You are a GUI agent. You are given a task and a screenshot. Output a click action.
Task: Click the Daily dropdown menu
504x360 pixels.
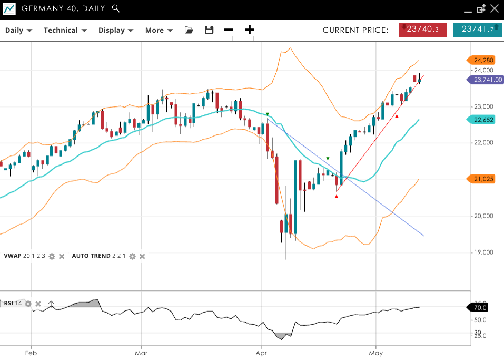(18, 30)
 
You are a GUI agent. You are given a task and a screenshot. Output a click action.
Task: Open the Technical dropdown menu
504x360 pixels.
(65, 30)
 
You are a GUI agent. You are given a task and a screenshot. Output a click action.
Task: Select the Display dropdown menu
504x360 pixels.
(116, 30)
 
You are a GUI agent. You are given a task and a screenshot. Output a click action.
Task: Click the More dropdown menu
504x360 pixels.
(159, 30)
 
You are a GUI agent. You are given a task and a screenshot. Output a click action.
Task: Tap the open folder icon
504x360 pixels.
(189, 30)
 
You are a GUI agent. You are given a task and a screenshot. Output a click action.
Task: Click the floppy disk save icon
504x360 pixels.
(209, 30)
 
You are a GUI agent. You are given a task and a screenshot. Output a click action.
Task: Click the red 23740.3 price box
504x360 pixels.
(422, 30)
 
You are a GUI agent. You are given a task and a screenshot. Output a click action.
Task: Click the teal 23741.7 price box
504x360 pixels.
(477, 30)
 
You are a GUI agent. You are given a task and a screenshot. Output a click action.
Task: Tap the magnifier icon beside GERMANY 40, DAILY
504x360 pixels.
(116, 8)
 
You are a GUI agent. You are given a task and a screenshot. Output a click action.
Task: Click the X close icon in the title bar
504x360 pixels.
(494, 8)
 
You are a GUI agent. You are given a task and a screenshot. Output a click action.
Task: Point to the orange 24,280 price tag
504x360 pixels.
(483, 60)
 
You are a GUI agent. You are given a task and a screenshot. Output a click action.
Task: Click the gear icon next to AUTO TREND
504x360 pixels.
(132, 256)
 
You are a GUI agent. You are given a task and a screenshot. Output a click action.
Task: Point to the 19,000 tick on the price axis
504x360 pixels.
(483, 252)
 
